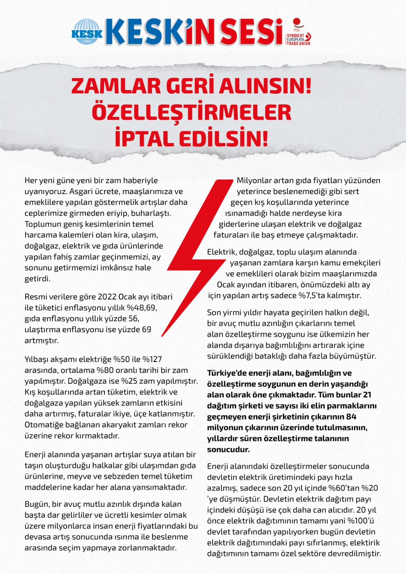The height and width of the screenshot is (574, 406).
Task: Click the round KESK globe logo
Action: (x=87, y=32)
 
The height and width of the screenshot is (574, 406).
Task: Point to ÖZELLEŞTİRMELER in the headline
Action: (x=191, y=112)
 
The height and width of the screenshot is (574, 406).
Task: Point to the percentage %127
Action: (x=152, y=359)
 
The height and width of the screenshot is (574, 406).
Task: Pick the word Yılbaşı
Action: (x=38, y=359)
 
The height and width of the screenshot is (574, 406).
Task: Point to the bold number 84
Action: (x=351, y=417)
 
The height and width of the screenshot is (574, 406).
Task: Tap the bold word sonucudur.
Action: (x=228, y=450)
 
